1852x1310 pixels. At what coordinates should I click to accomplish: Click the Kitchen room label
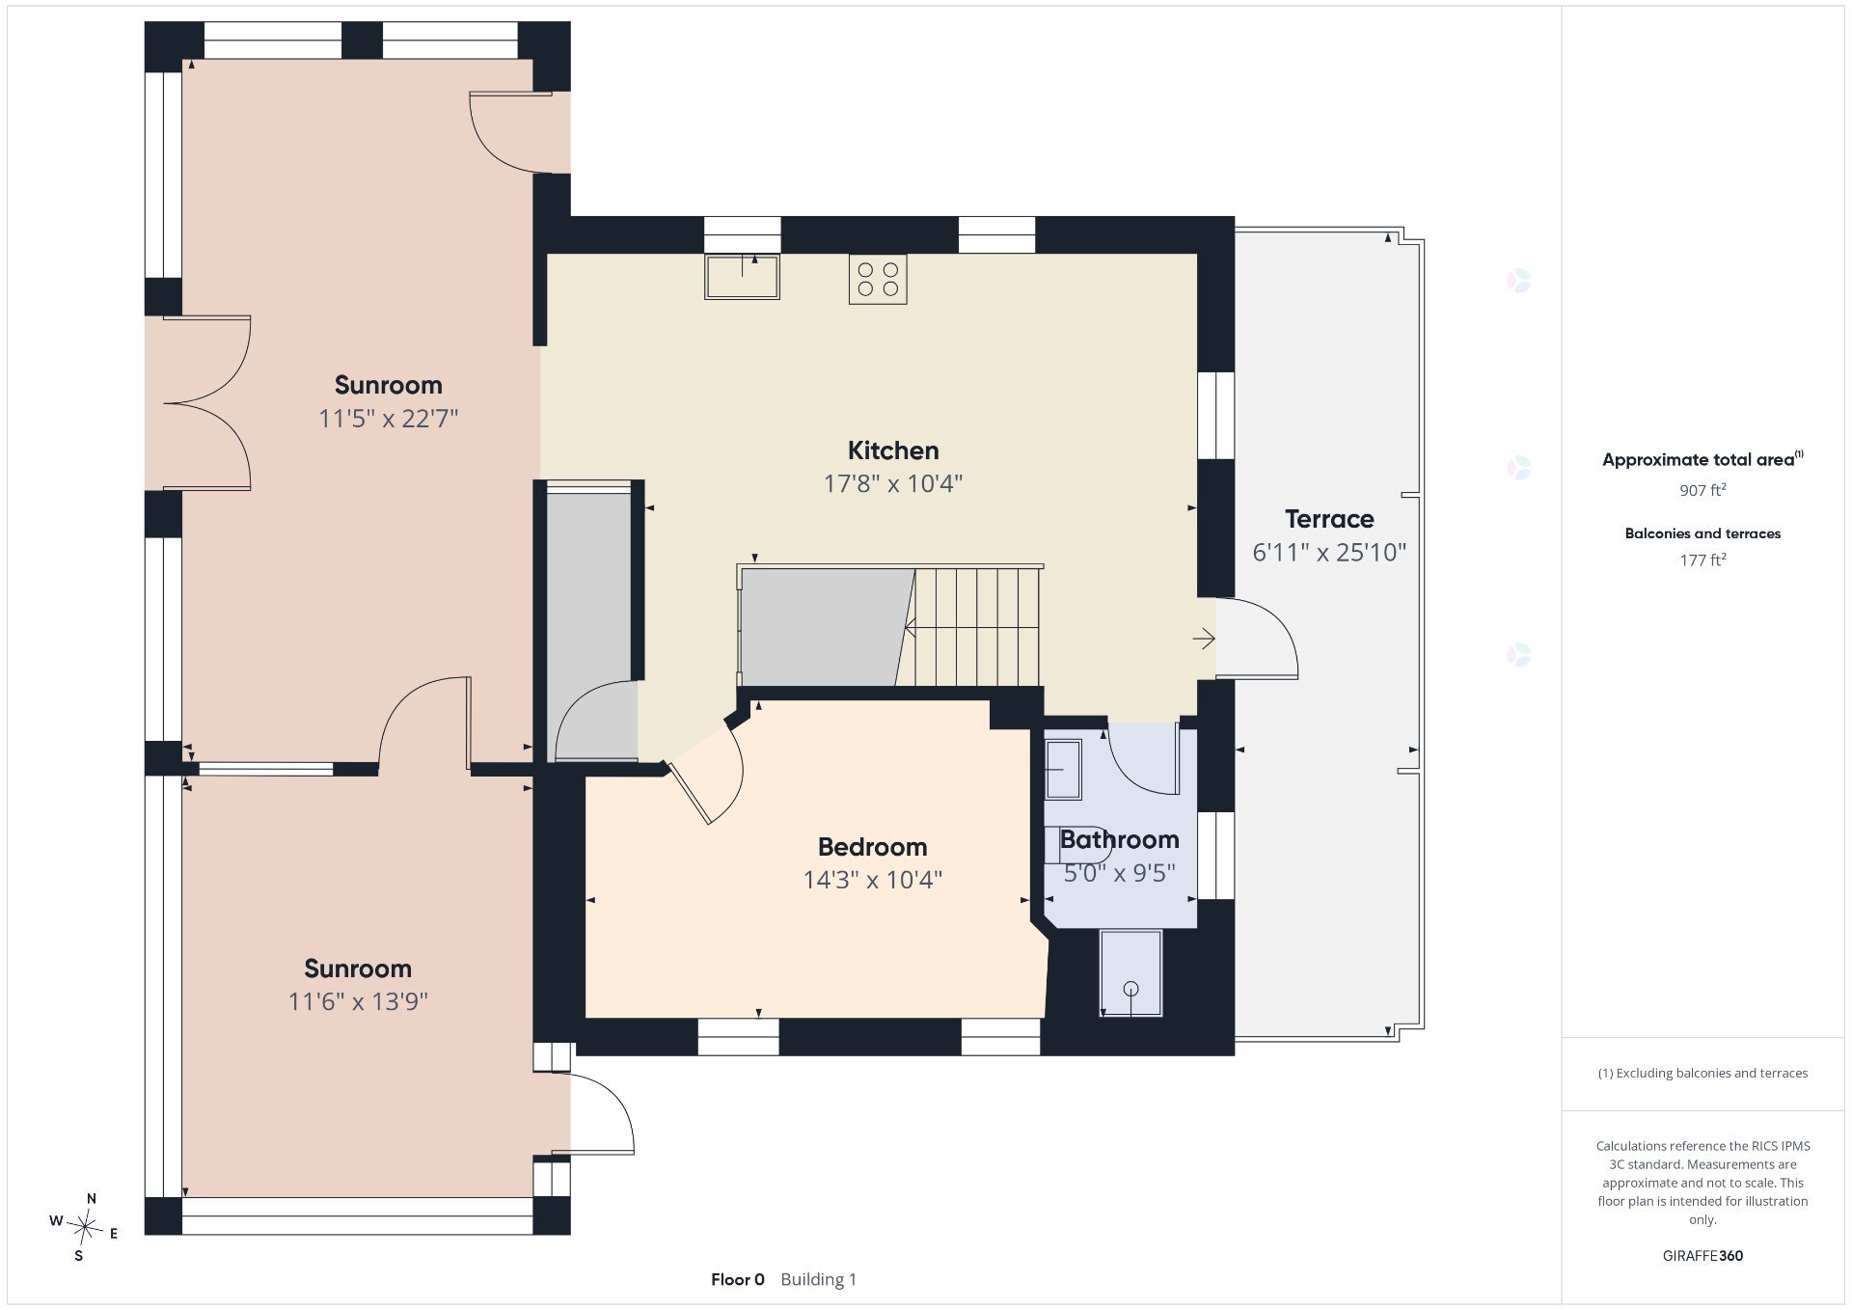(x=893, y=450)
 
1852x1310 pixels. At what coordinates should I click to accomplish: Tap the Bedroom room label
(x=872, y=847)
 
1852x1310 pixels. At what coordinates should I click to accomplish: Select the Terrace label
(x=1329, y=519)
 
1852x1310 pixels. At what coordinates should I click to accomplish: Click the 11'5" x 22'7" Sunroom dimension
(x=389, y=419)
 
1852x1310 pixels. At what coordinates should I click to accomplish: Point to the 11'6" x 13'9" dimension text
(x=358, y=1001)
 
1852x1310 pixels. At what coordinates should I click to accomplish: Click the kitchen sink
(x=742, y=277)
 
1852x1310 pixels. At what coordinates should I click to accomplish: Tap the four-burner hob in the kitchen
(x=878, y=279)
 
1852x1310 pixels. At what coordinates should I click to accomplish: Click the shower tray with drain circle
(x=1130, y=973)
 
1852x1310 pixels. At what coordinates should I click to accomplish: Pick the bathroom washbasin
(x=1063, y=769)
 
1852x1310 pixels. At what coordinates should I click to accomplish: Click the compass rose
(x=86, y=1228)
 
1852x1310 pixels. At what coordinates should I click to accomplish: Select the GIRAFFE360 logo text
(x=1702, y=1256)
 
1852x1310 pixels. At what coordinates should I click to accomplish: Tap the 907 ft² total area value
(x=1702, y=490)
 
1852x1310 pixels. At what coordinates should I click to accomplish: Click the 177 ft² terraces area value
(x=1702, y=559)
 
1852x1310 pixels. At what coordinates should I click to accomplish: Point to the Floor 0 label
(x=738, y=1280)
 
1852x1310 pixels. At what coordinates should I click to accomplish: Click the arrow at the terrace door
(x=1203, y=639)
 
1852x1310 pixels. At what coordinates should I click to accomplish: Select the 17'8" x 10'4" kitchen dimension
(x=893, y=483)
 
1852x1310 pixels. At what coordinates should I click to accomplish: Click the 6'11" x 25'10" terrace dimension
(x=1329, y=553)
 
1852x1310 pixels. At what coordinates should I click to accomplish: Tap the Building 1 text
(x=818, y=1280)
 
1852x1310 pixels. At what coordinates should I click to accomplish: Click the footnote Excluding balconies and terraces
(x=1702, y=1074)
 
